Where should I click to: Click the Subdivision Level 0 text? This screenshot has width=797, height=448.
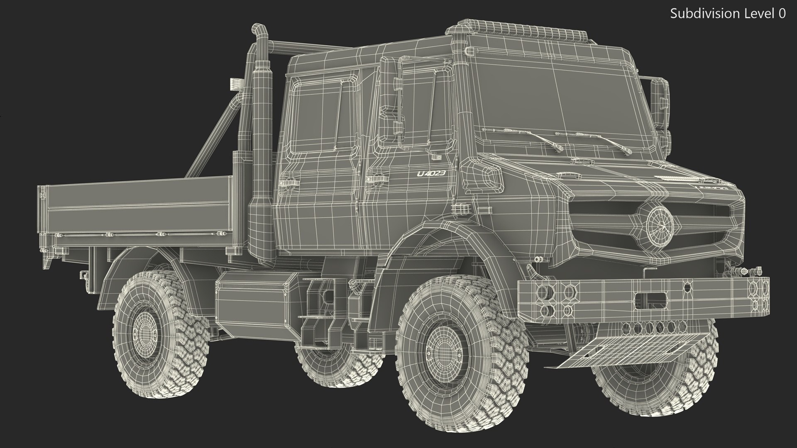tap(728, 14)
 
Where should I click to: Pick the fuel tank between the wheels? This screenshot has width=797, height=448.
tap(257, 297)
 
